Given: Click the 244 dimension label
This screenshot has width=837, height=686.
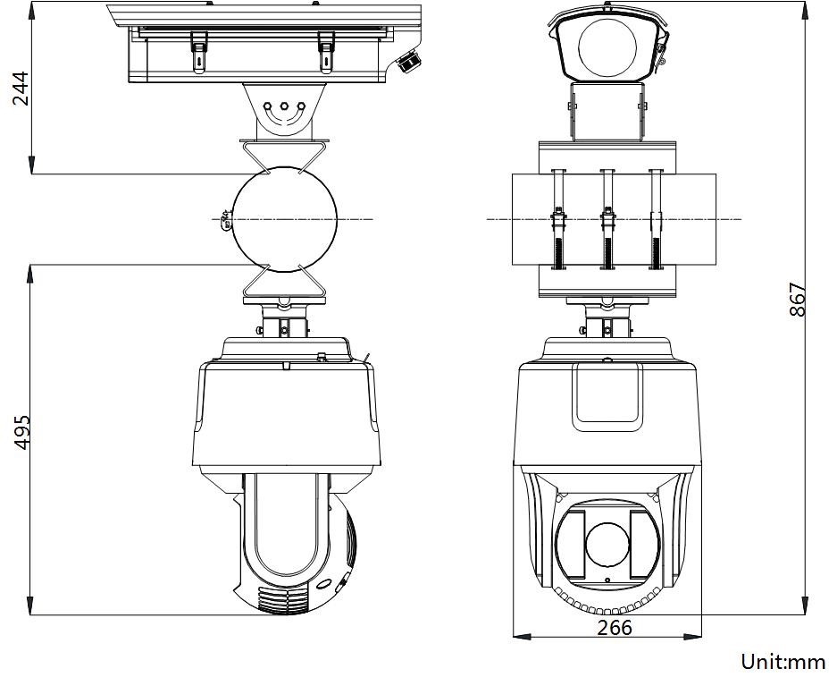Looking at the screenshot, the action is pos(21,89).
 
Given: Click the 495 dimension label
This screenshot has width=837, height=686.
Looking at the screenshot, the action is pos(22,432).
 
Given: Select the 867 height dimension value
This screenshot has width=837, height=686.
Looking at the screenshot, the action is pos(798,300).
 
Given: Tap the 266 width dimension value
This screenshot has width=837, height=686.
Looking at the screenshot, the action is pos(614,627).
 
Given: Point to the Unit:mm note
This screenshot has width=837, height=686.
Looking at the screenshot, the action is pos(783,662).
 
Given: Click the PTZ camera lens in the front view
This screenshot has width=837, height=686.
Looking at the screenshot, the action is pos(607,545).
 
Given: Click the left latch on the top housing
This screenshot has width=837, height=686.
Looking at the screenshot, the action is pos(198,51).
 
